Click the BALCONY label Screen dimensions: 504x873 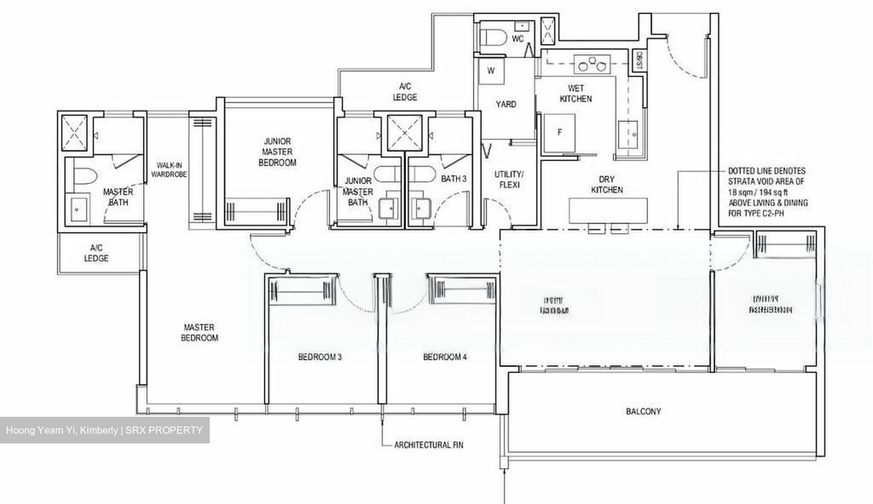[643, 411]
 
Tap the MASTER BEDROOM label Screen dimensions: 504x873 [199, 333]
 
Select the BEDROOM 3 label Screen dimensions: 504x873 [319, 357]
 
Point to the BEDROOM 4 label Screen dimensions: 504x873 [444, 357]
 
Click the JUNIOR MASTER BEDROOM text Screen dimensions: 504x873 [277, 152]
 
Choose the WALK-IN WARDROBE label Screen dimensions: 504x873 [172, 170]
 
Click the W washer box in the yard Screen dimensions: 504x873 [491, 71]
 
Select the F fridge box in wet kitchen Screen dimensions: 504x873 [560, 132]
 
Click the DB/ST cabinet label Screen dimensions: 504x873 [639, 61]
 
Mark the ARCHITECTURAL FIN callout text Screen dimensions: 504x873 [429, 445]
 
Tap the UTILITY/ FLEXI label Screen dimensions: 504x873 [507, 179]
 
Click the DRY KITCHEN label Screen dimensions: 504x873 [607, 185]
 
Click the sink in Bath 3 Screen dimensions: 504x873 [420, 210]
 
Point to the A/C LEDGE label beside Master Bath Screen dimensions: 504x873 [96, 253]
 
